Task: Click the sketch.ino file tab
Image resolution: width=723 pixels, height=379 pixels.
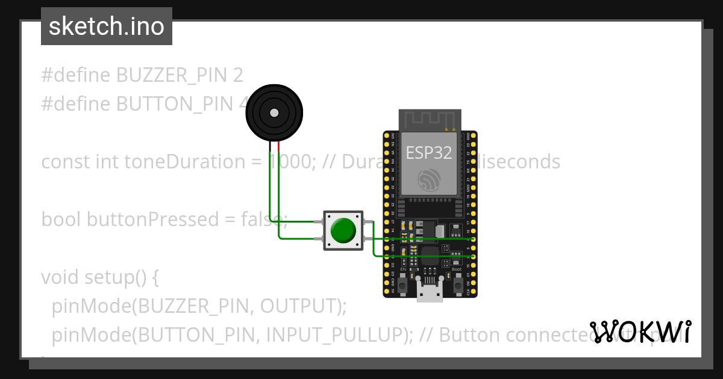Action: tap(107, 26)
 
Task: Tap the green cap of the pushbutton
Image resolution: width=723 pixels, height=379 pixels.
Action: tap(343, 230)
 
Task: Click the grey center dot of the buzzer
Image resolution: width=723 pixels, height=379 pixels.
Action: tap(274, 112)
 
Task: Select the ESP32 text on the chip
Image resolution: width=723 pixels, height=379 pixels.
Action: tap(429, 152)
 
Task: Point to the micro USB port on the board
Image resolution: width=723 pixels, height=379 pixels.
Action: tap(430, 293)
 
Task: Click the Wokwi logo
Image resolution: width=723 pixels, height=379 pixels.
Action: tap(641, 331)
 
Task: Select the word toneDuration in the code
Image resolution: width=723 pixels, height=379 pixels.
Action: tap(183, 162)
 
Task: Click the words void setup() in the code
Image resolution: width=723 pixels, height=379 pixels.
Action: tap(100, 277)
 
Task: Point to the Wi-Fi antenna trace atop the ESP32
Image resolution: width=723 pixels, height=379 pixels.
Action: tap(430, 119)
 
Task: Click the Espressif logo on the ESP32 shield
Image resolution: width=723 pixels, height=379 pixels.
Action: tap(429, 178)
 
